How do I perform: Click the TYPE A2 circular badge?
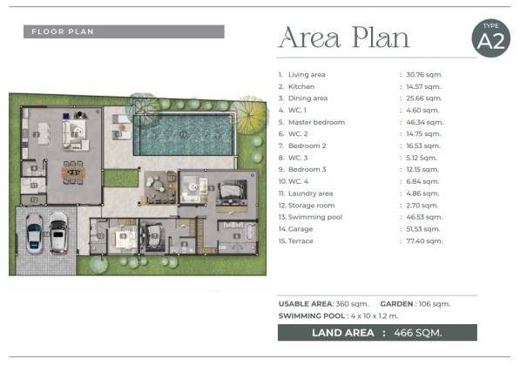click(x=490, y=38)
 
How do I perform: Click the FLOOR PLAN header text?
click(x=63, y=32)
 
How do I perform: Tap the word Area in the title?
click(x=310, y=37)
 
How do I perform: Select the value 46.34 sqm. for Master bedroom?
click(x=424, y=122)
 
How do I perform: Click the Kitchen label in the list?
click(x=301, y=86)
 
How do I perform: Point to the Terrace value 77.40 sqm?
click(x=424, y=241)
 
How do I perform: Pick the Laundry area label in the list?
click(x=310, y=193)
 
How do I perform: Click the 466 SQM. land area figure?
click(x=418, y=333)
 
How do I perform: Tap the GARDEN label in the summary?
click(x=396, y=303)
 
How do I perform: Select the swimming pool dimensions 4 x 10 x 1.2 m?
click(x=375, y=316)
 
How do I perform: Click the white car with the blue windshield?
click(x=34, y=234)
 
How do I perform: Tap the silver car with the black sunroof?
click(x=58, y=233)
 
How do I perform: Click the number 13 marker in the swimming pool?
click(x=183, y=134)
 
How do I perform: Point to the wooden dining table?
click(x=73, y=173)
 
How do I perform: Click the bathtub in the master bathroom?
click(x=250, y=233)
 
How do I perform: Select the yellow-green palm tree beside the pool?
click(x=249, y=114)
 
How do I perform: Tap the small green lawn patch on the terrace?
click(x=121, y=178)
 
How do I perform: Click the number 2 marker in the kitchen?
click(x=37, y=134)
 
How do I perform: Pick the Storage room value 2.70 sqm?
click(x=422, y=206)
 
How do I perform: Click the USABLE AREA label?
click(x=306, y=303)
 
